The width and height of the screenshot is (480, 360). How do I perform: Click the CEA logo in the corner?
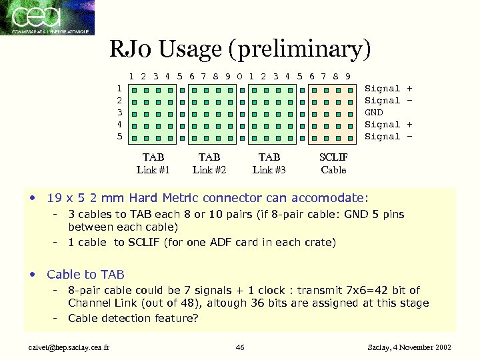[x=47, y=17]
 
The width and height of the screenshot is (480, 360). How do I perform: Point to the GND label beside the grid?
[x=374, y=113]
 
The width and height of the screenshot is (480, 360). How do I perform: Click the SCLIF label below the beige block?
[x=333, y=157]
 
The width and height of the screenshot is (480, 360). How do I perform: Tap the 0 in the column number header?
[x=239, y=76]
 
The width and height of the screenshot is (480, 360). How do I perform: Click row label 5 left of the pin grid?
[x=119, y=137]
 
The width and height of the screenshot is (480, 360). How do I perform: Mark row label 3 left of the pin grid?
[x=119, y=113]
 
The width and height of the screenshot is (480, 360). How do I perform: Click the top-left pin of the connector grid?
[x=134, y=89]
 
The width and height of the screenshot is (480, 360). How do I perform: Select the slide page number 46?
[x=241, y=347]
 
